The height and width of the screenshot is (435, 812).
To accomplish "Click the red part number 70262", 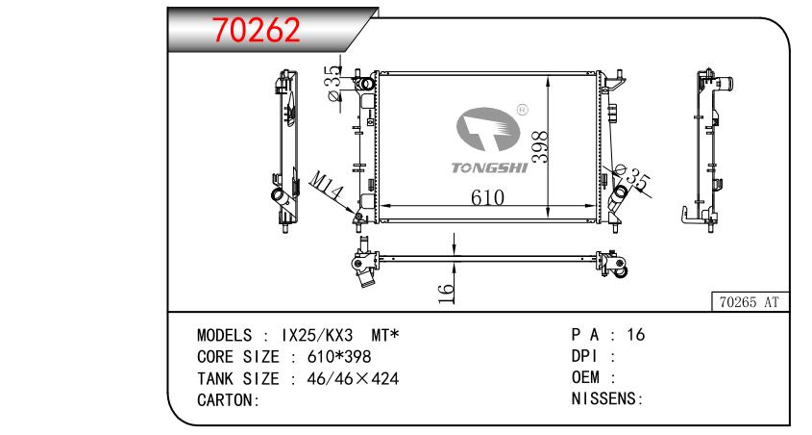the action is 257,30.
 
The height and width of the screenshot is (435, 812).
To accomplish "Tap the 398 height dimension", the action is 539,146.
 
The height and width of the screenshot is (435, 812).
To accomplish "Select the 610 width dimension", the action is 487,197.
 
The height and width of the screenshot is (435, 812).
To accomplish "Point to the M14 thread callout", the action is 327,186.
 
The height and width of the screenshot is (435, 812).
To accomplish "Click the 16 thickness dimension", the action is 446,294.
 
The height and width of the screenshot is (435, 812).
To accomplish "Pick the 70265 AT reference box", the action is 749,302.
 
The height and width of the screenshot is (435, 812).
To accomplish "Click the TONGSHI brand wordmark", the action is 489,167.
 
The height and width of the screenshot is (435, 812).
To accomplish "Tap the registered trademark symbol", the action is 522,110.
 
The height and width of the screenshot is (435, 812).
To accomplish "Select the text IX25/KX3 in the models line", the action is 317,336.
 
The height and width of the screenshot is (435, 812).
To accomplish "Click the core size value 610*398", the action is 339,357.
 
